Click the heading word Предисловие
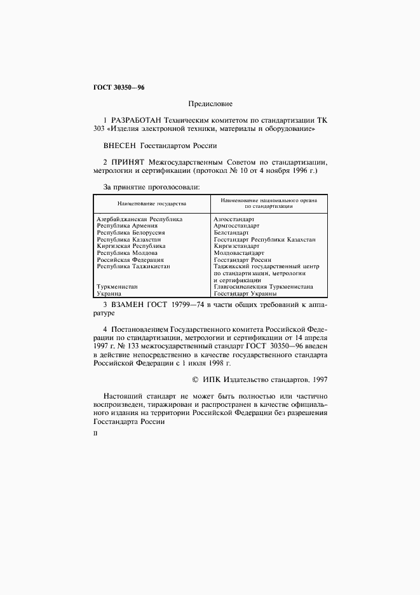pos(210,104)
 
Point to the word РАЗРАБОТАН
pos(136,120)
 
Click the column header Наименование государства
pos(151,204)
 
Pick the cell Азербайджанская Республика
pos(140,219)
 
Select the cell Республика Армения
pos(127,225)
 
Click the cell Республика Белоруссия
pos(131,232)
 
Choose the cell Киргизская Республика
pos(131,245)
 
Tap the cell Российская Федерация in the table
pos(130,259)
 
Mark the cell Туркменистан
pos(117,287)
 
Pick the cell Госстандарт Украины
pos(245,294)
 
